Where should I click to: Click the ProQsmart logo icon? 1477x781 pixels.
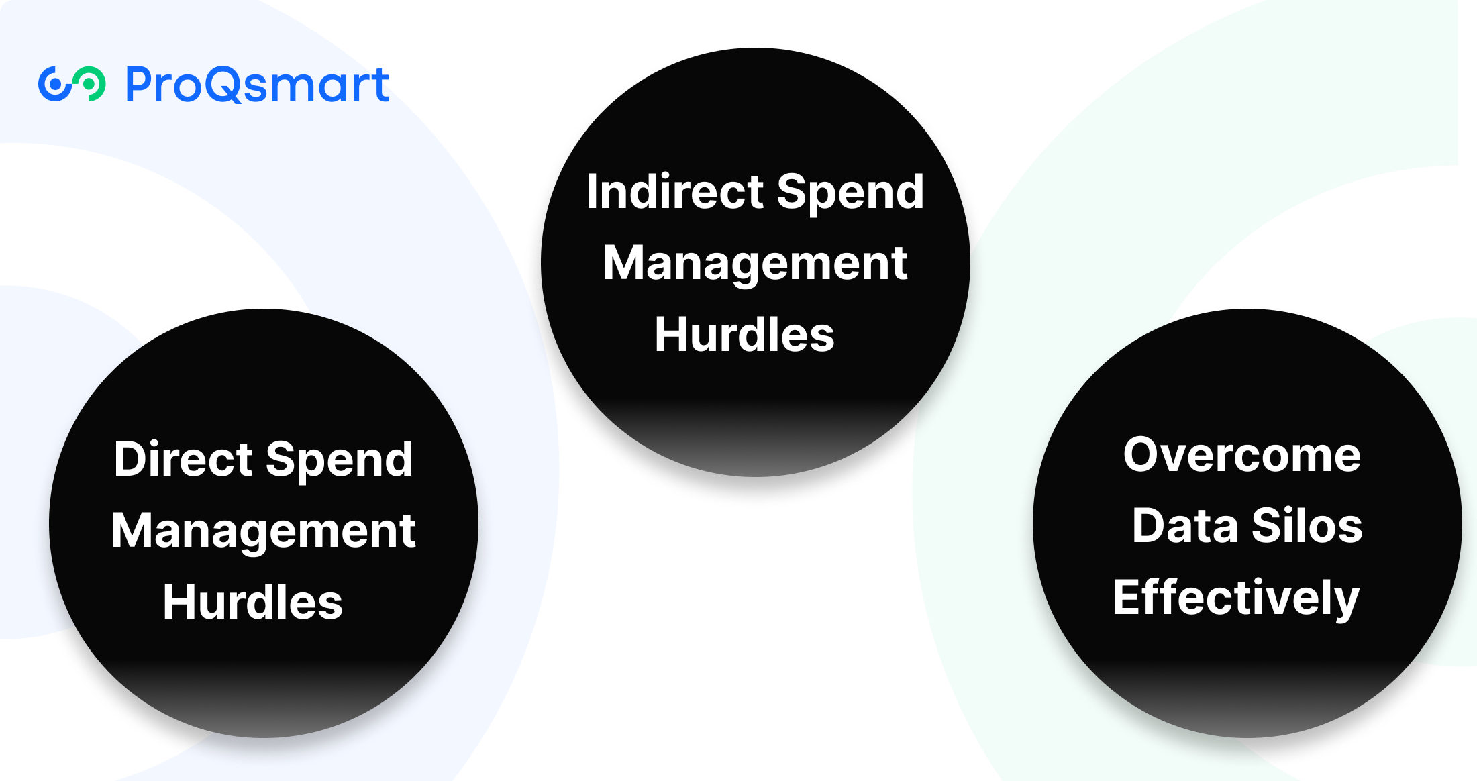(x=72, y=85)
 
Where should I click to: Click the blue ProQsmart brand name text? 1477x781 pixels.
(x=258, y=85)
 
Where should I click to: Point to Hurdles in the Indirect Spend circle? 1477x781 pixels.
(x=744, y=334)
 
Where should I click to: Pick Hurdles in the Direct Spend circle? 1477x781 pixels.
(x=252, y=602)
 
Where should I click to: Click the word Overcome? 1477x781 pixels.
(x=1242, y=455)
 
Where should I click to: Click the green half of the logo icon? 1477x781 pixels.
(x=89, y=84)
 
